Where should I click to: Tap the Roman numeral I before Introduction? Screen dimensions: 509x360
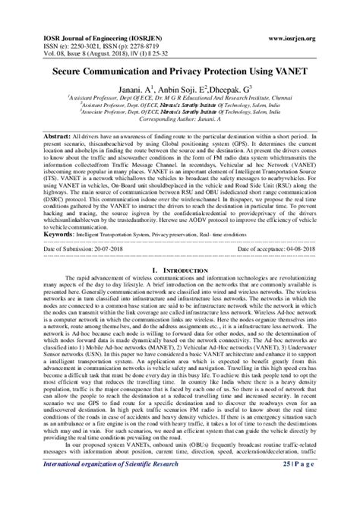click(154, 292)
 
